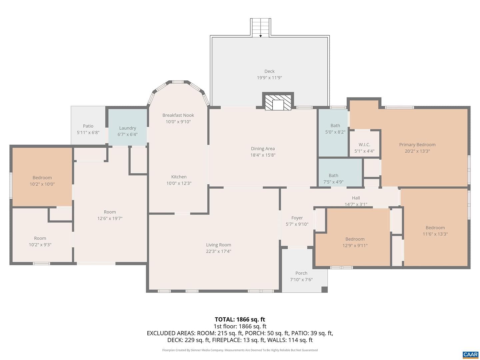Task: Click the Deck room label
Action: (x=269, y=71)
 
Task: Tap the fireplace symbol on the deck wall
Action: (x=278, y=102)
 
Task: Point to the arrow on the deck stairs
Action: (x=260, y=36)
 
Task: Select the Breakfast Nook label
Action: (x=178, y=115)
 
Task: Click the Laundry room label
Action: (x=127, y=128)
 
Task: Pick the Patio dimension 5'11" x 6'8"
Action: (x=88, y=132)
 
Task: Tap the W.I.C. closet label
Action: (x=364, y=145)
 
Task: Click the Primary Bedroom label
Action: (x=417, y=144)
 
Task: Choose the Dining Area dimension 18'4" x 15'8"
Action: (x=263, y=155)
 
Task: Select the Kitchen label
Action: (x=179, y=177)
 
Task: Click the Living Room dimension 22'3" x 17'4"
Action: (x=218, y=251)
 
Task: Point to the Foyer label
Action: (x=297, y=218)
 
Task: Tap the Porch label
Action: (x=301, y=273)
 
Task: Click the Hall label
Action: (x=356, y=198)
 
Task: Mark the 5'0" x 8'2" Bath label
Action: (x=335, y=125)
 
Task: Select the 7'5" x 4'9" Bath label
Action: (x=333, y=175)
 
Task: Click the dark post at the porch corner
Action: (x=325, y=289)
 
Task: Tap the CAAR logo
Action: (x=471, y=355)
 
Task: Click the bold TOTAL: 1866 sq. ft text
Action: (x=240, y=320)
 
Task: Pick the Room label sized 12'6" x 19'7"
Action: (x=110, y=212)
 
